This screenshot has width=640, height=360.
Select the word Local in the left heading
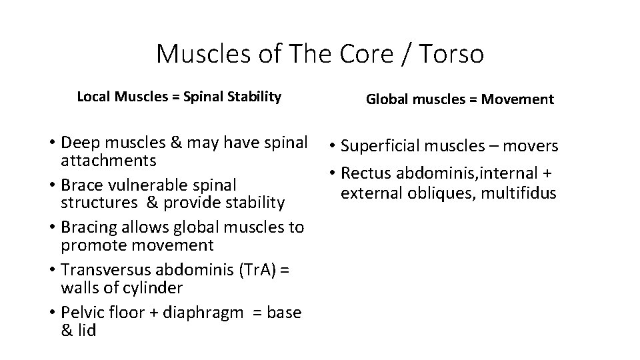point(93,97)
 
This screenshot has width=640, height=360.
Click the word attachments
point(109,161)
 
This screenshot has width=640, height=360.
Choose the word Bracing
point(89,227)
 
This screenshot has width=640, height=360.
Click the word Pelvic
point(82,313)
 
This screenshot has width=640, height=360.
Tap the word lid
point(86,330)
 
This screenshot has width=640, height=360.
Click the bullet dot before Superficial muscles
point(331,147)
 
